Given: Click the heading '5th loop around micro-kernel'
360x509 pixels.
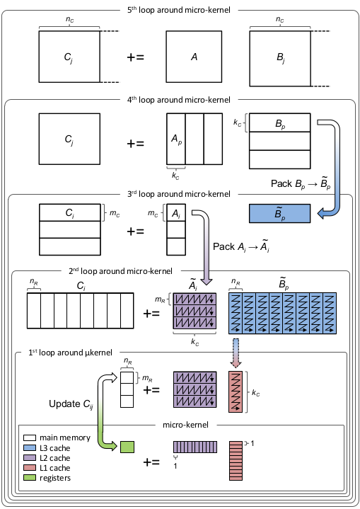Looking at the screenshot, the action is coord(179,10).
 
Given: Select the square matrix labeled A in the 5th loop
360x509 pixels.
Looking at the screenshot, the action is coord(194,57).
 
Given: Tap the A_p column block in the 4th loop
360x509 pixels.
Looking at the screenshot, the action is coord(176,139).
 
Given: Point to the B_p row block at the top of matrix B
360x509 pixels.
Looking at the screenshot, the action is coord(279,122).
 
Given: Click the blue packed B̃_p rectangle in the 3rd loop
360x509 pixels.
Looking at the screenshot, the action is coord(279,213).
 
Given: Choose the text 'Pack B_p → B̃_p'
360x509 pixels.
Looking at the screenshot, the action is coord(301,183).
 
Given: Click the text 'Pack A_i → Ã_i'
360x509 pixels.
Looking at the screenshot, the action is coord(241,246).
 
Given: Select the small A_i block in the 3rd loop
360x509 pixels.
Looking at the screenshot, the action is coord(176,212).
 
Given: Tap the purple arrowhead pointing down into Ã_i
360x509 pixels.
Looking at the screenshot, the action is coord(206,281).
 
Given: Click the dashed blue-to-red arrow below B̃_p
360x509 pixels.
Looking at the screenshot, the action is coord(236,353).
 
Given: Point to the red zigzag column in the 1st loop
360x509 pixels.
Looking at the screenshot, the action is coord(236,391).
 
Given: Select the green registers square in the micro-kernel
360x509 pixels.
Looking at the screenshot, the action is coord(127,447).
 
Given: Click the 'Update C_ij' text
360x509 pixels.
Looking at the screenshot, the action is coord(71,404).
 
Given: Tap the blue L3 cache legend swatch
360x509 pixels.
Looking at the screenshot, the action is coord(30,448).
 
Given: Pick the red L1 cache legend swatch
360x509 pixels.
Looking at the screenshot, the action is coord(30,468).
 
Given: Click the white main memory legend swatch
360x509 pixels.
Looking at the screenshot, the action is coord(30,438).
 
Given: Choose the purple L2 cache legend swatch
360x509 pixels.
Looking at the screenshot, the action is coord(30,458).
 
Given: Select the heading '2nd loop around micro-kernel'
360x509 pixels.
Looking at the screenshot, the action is coord(120,271).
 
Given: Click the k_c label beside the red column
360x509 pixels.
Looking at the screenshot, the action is coord(256,393).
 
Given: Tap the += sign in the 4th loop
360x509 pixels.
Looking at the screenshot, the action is coord(135,143).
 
